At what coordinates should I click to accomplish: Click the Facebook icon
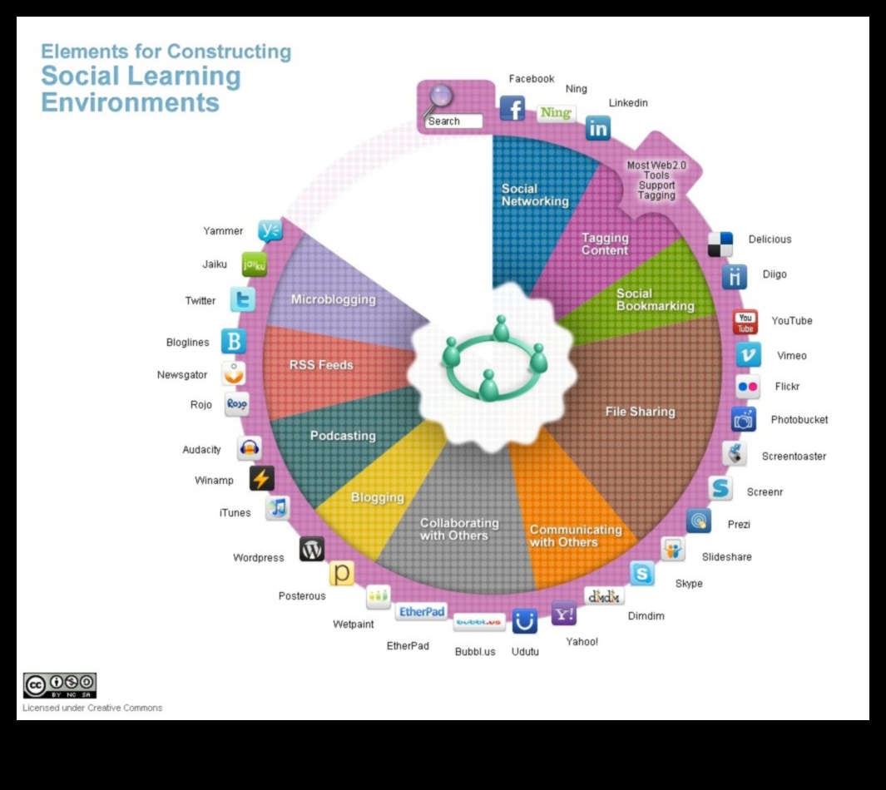point(512,108)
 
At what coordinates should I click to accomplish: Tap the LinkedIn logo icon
point(598,128)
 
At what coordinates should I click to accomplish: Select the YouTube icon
point(745,322)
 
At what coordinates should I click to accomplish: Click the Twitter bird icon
point(243,300)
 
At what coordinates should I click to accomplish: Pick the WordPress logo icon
point(312,549)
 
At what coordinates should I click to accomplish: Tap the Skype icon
point(642,574)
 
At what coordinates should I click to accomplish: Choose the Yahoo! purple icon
point(564,614)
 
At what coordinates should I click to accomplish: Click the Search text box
point(453,121)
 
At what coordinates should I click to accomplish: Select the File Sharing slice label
point(640,412)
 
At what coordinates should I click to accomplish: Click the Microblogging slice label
point(333,299)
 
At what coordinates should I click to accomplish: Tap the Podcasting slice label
point(343,436)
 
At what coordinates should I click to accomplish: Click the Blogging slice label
point(377,497)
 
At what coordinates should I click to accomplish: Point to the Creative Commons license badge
point(60,685)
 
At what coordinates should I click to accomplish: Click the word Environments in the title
point(130,103)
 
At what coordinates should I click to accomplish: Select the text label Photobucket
point(799,420)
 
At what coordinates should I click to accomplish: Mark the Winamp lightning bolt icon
point(261,479)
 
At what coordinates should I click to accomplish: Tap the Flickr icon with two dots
point(747,387)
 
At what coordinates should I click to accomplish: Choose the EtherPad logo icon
point(422,612)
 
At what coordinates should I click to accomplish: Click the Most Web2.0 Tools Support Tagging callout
point(656,180)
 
